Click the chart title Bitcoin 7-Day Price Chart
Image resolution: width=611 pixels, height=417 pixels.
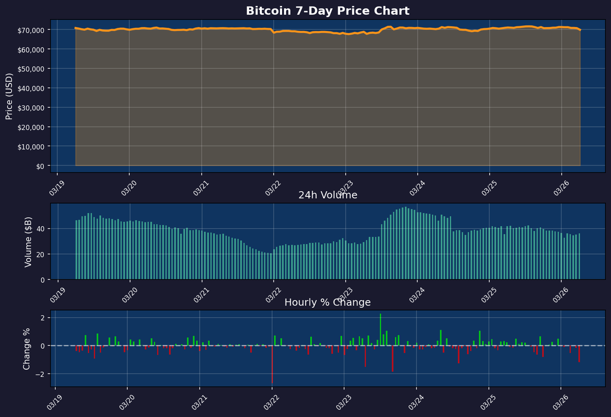(327, 11)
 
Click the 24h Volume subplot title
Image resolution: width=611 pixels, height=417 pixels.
(327, 195)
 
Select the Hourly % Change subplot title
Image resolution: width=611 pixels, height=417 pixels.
(327, 303)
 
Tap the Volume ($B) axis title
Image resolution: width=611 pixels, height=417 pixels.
(29, 242)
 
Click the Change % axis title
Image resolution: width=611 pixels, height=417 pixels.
(26, 348)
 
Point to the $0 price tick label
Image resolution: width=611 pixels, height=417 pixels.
(39, 166)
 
